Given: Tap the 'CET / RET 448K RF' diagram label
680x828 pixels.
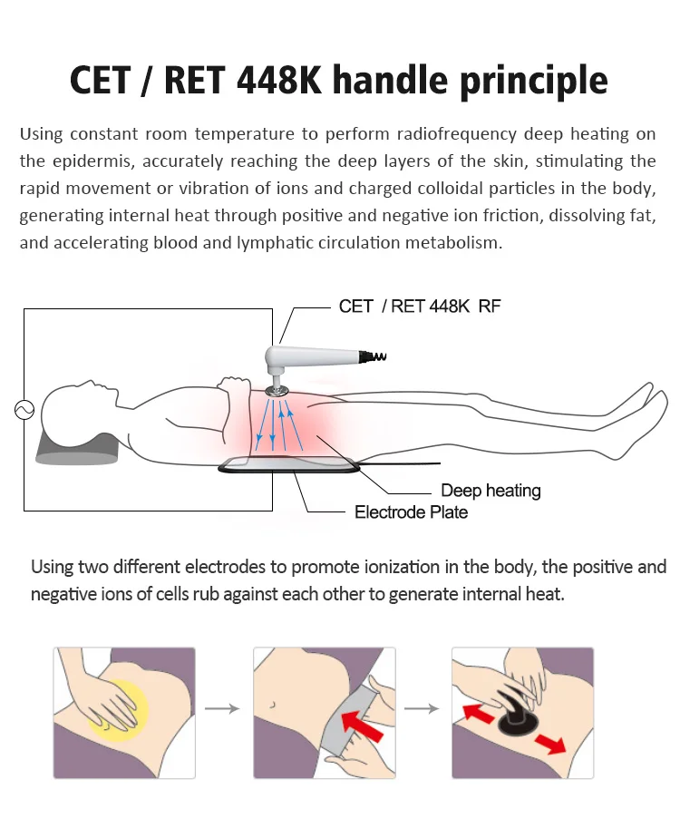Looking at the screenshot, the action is pyautogui.click(x=419, y=307).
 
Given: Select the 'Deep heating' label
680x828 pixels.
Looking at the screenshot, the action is pyautogui.click(x=491, y=491).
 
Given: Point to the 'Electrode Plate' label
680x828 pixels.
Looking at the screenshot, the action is pyautogui.click(x=412, y=512).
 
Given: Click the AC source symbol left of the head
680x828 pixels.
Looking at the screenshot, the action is pyautogui.click(x=24, y=410).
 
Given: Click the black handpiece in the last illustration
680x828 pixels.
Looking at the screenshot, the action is pyautogui.click(x=512, y=716).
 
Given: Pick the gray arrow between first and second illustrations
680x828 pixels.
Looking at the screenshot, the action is pyautogui.click(x=223, y=708).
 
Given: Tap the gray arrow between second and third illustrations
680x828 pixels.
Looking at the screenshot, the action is pyautogui.click(x=421, y=708).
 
